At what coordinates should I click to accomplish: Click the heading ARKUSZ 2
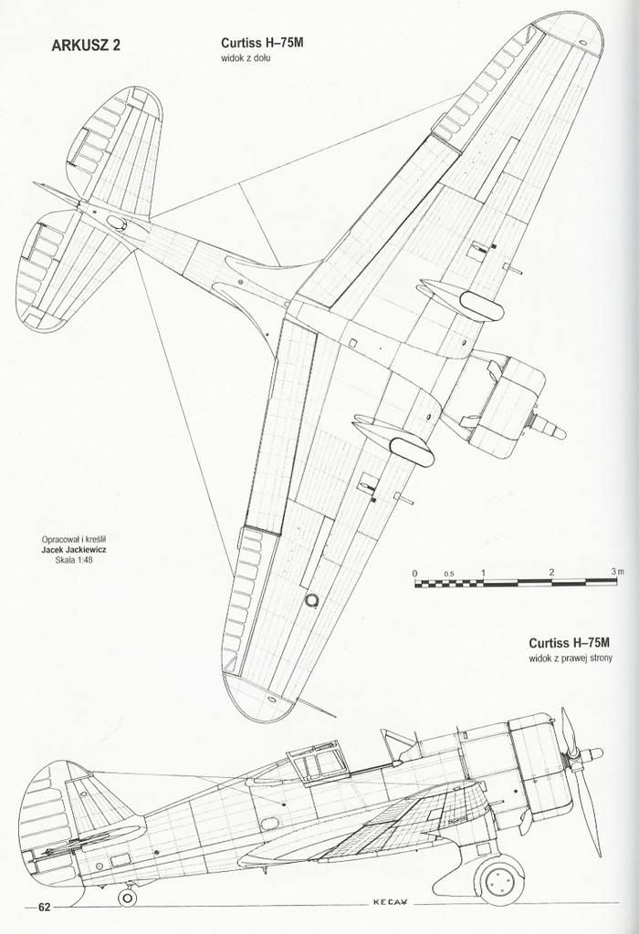point(86,46)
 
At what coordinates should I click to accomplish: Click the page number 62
point(44,924)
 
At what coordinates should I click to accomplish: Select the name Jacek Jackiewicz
point(74,550)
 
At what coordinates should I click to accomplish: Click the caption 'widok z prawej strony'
point(571,659)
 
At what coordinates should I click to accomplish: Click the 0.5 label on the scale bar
point(449,575)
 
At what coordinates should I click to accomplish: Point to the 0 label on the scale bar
point(415,574)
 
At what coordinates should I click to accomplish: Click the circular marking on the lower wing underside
point(310,600)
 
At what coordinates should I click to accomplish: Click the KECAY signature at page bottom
point(391,919)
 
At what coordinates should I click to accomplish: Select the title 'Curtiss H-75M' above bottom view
point(257,44)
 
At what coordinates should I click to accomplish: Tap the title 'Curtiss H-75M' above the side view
point(570,643)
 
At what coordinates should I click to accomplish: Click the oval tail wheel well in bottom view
point(116,223)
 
